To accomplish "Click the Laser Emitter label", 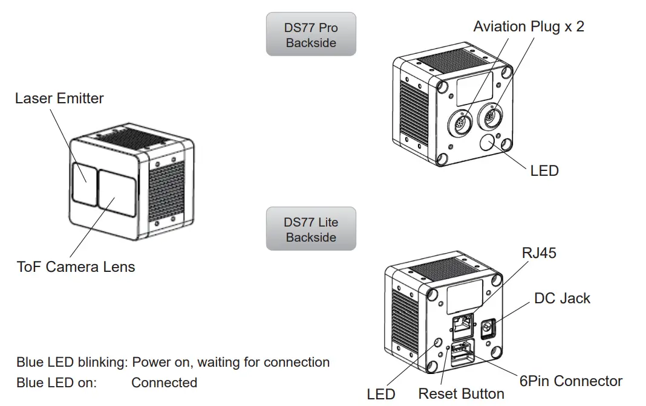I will coord(59,98).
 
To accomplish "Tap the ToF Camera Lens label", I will coord(76,266).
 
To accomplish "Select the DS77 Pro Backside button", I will coord(311,35).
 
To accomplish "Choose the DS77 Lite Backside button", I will coord(311,230).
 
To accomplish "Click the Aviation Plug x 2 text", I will coord(529,27).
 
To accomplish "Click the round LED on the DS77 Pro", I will coord(488,143).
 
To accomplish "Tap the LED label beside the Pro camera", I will coord(544,171).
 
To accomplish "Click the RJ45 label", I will coord(538,253).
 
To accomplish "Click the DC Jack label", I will coord(562,298).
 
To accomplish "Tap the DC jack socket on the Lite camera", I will coord(486,329).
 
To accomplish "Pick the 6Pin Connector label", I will coord(570,381).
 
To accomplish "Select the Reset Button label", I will coord(461,394).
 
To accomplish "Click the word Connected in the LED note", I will coord(164,382).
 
